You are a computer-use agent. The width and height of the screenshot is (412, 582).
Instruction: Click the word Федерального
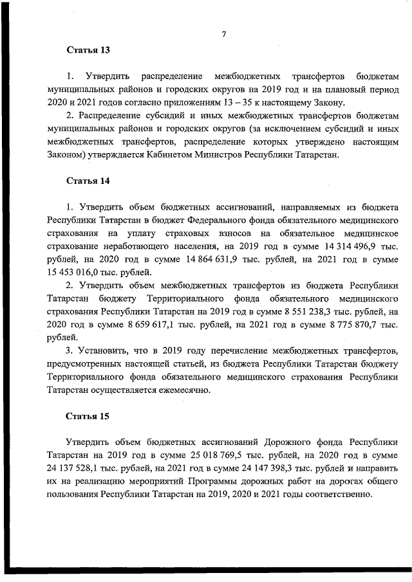[207, 221]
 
